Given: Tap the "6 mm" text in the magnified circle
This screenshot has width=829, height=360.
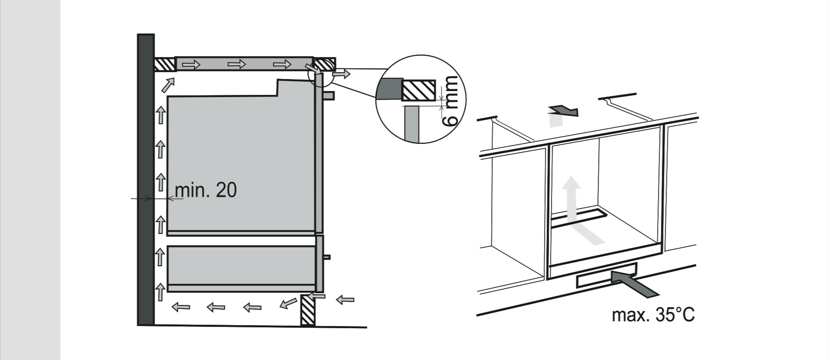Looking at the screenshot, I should coord(451,101).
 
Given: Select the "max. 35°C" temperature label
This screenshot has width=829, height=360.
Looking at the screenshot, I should coord(653,315).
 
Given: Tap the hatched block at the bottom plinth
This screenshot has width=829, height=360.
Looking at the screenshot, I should coord(308,310).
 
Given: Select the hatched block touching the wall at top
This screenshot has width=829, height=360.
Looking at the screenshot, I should coord(164,65).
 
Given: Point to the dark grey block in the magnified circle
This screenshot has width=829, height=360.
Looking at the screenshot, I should coord(389,89).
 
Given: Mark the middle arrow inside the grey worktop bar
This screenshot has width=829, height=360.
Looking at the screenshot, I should coord(237,64).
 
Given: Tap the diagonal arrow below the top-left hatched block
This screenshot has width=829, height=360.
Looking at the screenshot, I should coord(168,84).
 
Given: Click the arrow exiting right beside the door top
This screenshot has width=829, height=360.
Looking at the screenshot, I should coord(342,74).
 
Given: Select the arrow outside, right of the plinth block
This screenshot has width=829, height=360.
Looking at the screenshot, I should coord(345,299).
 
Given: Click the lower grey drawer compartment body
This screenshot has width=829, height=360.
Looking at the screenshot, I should coord(241,265).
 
